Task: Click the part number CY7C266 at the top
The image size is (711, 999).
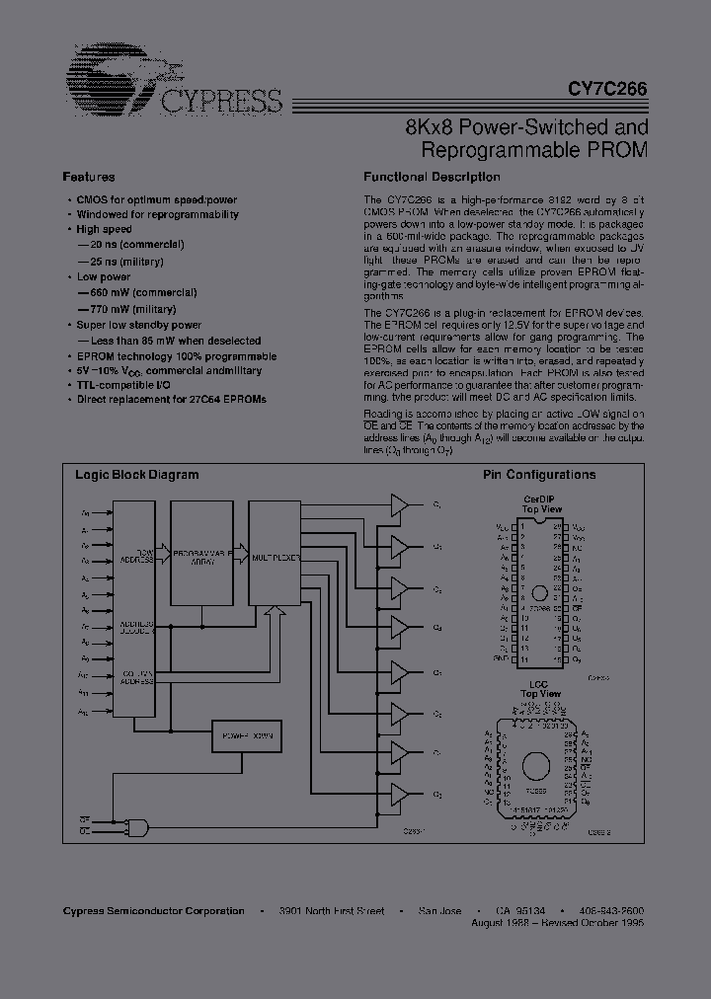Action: pyautogui.click(x=607, y=88)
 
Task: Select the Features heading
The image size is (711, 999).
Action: pyautogui.click(x=89, y=178)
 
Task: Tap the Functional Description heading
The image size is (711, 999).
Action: pyautogui.click(x=432, y=178)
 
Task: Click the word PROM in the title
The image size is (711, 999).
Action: pyautogui.click(x=619, y=151)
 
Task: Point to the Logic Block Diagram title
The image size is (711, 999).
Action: pyautogui.click(x=137, y=475)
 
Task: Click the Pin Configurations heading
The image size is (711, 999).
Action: pyautogui.click(x=539, y=475)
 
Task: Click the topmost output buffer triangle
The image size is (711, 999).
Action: pyautogui.click(x=399, y=504)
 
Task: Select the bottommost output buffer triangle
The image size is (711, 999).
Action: pyautogui.click(x=399, y=794)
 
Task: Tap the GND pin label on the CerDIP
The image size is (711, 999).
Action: pyautogui.click(x=502, y=657)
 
